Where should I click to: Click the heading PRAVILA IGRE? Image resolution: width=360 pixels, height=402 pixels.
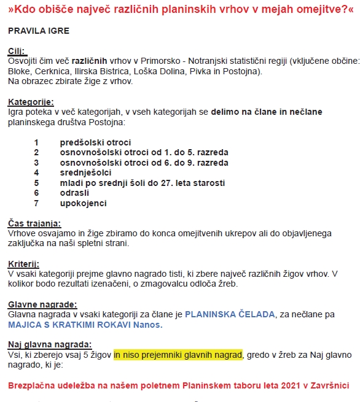point(38,31)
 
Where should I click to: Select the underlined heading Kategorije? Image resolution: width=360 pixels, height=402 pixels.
point(31,102)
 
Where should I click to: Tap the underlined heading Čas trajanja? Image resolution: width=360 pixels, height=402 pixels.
point(34,223)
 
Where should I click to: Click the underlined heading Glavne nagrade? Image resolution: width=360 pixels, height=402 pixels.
point(42,304)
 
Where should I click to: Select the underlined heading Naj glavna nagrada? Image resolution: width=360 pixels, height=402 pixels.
point(49,344)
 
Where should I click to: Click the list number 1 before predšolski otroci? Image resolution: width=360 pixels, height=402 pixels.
point(36,142)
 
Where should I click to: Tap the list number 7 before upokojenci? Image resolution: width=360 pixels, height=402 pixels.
point(36,203)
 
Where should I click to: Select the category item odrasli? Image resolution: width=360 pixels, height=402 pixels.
point(76,193)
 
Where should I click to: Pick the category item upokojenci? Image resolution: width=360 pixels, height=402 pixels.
point(84,203)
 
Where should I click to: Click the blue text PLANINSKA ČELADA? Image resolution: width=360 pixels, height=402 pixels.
point(230,314)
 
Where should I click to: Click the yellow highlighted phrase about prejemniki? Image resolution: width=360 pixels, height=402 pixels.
point(178,354)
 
